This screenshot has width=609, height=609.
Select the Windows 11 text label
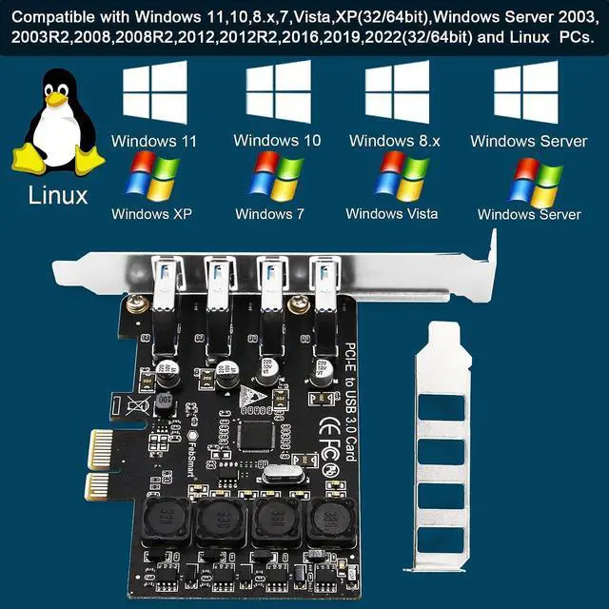[154, 141]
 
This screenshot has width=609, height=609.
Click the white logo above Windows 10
[278, 91]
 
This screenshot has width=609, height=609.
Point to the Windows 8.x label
[394, 141]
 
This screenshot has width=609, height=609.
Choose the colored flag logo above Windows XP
[153, 178]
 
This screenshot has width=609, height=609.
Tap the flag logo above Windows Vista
[403, 175]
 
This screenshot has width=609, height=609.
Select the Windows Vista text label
[391, 214]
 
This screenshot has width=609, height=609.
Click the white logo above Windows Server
[525, 91]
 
